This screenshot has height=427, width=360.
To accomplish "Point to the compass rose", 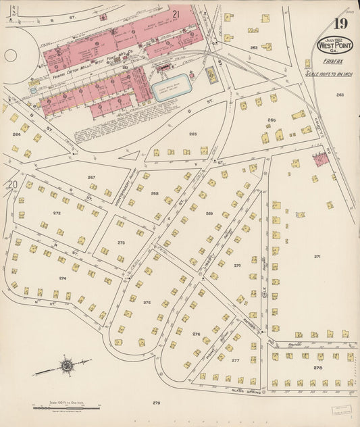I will (66, 367).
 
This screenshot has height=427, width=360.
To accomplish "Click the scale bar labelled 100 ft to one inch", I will (66, 406).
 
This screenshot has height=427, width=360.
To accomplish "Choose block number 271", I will (317, 257).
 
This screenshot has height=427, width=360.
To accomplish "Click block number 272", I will (57, 213).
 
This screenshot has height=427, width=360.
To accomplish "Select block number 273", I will (121, 242).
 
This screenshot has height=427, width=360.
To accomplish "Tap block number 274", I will (62, 278).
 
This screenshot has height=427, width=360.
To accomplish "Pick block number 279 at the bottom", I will (157, 403).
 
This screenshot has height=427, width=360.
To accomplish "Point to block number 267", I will (91, 177).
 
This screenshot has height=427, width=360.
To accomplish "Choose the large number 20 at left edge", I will (11, 184).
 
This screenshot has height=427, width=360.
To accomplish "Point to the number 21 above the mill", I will (175, 14).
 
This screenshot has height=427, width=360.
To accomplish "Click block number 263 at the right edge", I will (340, 95).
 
